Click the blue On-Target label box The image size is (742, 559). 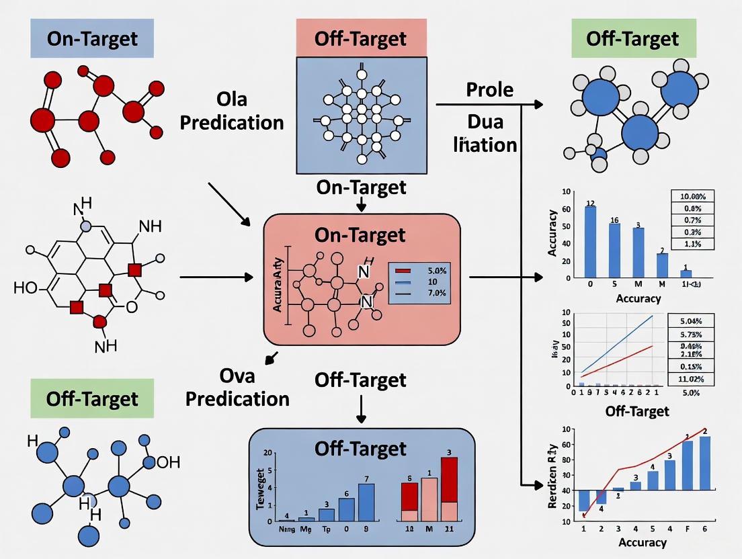[92, 38]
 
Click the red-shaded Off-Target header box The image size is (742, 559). [361, 38]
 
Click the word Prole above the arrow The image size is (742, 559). [489, 89]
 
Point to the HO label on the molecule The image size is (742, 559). [26, 289]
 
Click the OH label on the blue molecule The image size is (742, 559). [168, 462]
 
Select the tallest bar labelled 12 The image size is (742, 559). [590, 241]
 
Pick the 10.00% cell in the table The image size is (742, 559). [692, 196]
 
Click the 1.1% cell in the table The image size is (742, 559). [692, 245]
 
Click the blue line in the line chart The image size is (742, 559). [618, 343]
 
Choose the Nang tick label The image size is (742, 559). [286, 529]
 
